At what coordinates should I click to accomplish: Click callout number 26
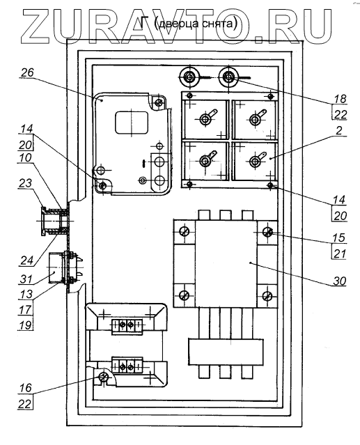point(27,72)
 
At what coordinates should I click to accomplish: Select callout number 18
point(340,98)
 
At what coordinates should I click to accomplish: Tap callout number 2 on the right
point(339,130)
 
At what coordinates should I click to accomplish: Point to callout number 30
point(340,281)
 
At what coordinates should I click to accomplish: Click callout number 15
point(339,237)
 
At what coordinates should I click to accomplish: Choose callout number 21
point(340,253)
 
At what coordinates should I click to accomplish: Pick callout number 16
point(26,388)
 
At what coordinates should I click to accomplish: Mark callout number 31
point(26,279)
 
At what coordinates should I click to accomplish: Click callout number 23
point(25,183)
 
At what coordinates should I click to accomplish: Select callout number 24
point(27,260)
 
